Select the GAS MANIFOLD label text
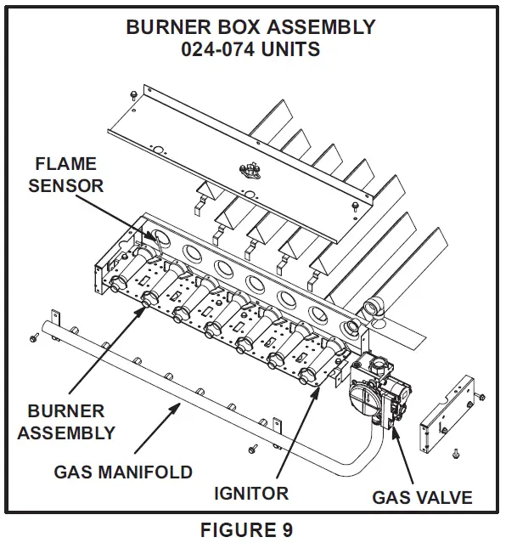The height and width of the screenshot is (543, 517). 123,472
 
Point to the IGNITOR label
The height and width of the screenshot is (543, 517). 252,492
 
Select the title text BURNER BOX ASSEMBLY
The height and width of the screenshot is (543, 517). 250,27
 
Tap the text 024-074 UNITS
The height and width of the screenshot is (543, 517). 250,49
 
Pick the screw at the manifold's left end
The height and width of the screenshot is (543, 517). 35,337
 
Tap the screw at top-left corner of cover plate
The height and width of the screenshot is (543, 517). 135,92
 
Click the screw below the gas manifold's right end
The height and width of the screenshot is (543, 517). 251,448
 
